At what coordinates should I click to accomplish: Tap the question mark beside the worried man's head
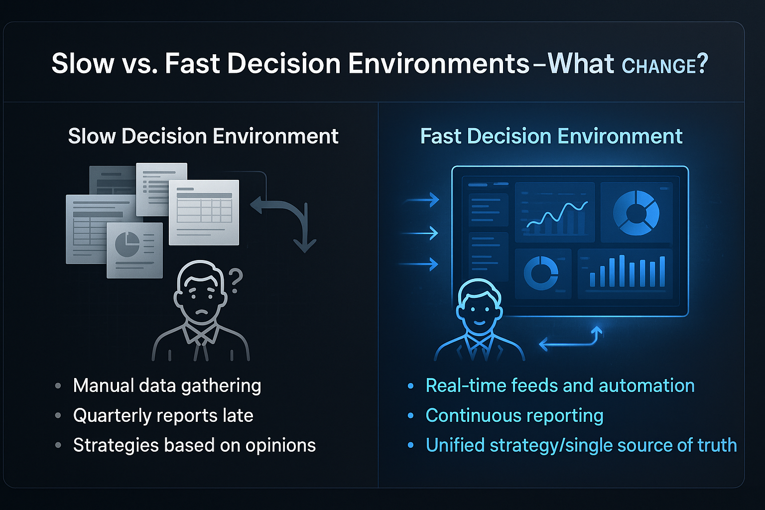pyautogui.click(x=235, y=280)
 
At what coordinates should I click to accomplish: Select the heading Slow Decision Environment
pyautogui.click(x=203, y=136)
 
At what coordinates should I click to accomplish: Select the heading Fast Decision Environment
pyautogui.click(x=551, y=136)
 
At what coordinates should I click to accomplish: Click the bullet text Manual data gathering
pyautogui.click(x=167, y=385)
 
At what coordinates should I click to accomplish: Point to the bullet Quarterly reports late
pyautogui.click(x=163, y=415)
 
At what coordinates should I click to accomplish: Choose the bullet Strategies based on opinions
pyautogui.click(x=194, y=445)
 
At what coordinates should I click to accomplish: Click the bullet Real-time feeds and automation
pyautogui.click(x=560, y=385)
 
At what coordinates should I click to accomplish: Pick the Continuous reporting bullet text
pyautogui.click(x=514, y=415)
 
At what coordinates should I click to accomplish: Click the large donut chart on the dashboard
pyautogui.click(x=636, y=213)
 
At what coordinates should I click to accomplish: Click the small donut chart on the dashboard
pyautogui.click(x=541, y=272)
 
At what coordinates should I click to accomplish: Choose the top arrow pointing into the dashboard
pyautogui.click(x=422, y=200)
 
